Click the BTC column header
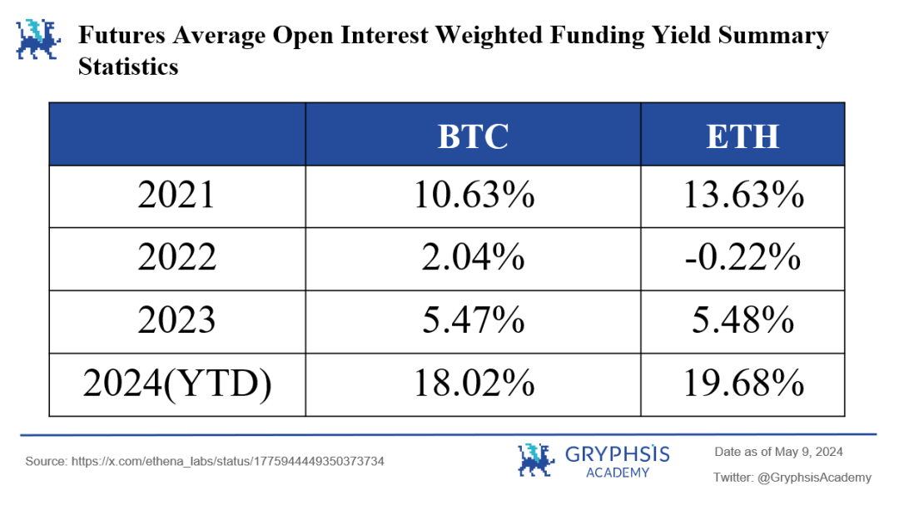click(x=473, y=136)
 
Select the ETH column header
click(x=743, y=136)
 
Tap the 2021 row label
click(x=176, y=196)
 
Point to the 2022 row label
click(x=176, y=259)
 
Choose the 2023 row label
click(x=176, y=321)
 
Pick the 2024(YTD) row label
click(x=176, y=384)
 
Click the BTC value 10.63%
click(x=473, y=196)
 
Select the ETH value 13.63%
click(x=743, y=196)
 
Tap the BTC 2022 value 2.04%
click(x=473, y=259)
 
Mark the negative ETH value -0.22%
click(x=743, y=259)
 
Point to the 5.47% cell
click(x=473, y=321)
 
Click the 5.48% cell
click(x=743, y=321)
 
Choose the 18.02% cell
click(x=473, y=384)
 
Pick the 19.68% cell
click(x=743, y=384)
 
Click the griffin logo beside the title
click(x=38, y=40)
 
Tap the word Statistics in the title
click(x=128, y=67)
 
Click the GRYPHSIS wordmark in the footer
click(x=618, y=454)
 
